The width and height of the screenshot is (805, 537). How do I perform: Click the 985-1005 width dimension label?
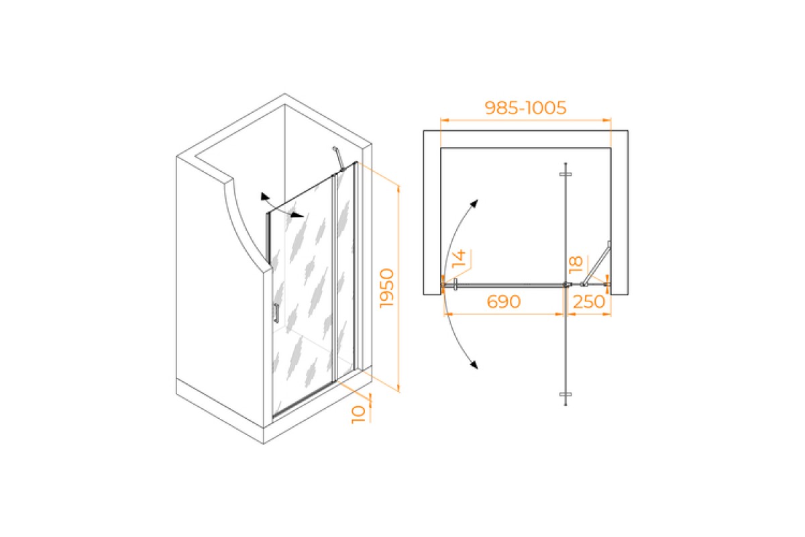525,107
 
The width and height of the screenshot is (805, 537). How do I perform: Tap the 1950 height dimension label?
387,288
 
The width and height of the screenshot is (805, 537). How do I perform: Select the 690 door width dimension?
504,302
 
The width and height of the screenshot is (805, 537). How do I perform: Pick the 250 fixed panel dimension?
589,302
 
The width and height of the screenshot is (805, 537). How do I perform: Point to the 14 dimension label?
459,258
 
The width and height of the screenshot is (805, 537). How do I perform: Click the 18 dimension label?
576,264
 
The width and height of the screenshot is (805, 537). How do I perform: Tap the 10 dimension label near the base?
358,415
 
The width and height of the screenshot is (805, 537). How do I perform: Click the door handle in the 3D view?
276,313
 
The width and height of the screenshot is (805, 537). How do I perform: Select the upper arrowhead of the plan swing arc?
474,203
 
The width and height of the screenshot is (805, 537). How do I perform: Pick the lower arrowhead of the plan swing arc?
474,364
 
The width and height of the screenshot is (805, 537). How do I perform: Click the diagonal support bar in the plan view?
596,264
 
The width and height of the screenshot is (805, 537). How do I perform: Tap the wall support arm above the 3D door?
339,158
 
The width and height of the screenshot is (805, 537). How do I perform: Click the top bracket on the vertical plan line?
566,174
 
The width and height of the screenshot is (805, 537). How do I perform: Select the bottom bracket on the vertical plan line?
566,395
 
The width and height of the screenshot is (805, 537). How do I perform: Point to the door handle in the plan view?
455,285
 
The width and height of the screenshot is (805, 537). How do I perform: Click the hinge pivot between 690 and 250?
567,285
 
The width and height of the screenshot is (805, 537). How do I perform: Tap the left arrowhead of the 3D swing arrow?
265,197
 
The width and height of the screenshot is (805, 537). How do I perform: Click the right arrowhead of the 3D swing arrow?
298,215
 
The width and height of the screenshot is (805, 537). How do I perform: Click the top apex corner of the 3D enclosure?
285,94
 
